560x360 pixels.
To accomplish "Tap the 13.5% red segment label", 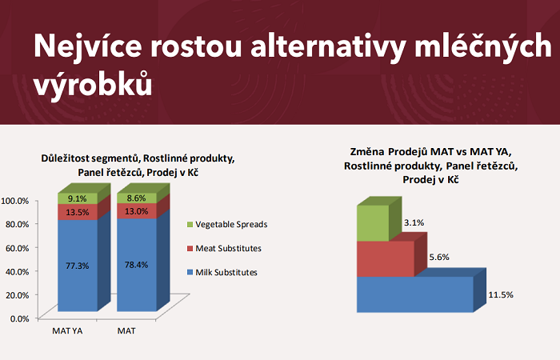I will [77, 213].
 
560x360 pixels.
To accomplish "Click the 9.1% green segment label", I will [77, 198].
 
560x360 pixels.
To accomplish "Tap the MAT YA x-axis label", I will [69, 330].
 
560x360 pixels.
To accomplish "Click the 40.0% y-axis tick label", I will [17, 271].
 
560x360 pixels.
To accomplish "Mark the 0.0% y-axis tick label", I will [19, 318].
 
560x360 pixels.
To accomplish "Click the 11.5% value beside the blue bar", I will [500, 295].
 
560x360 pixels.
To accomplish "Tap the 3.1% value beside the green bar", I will [414, 222].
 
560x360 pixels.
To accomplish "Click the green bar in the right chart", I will [373, 223].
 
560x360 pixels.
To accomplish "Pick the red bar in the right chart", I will [386, 258].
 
